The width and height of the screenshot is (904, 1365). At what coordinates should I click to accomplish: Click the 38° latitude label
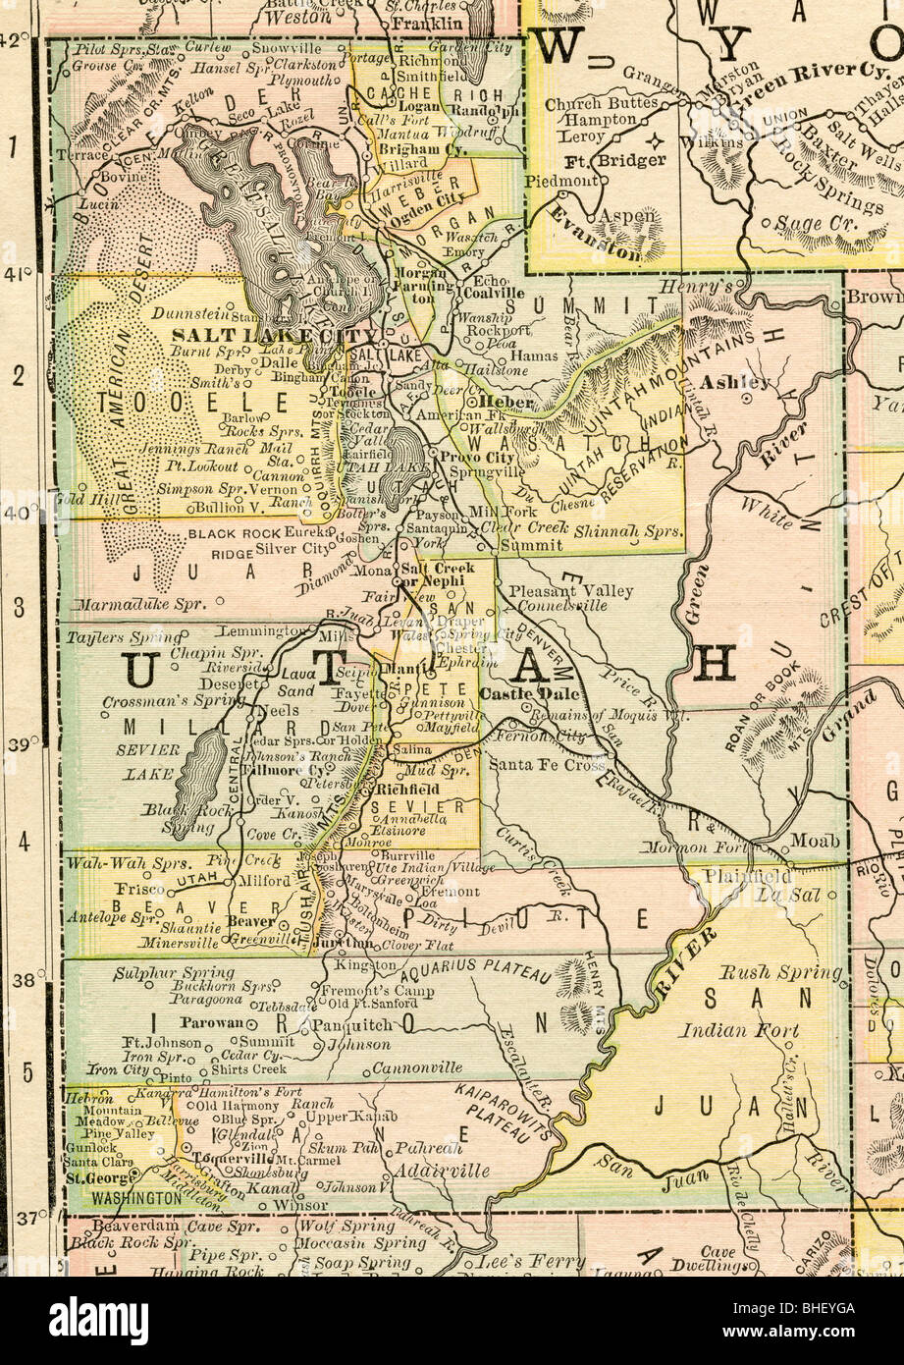tap(22, 979)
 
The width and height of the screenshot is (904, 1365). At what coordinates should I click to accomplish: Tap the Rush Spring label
tap(781, 973)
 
